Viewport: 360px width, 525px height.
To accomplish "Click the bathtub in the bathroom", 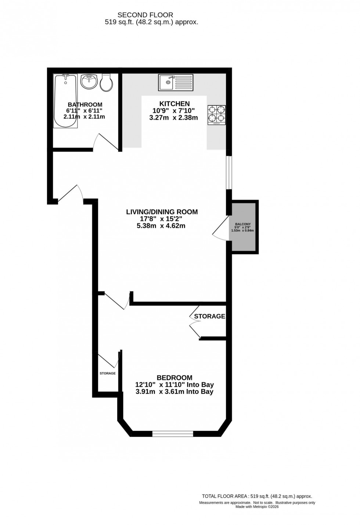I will click(65, 101).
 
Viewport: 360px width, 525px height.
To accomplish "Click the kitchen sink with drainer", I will click(175, 82).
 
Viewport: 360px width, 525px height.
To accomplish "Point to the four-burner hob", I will click(216, 114).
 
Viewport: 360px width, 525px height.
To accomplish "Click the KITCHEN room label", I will click(174, 104).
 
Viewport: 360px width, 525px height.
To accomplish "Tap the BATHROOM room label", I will click(85, 105).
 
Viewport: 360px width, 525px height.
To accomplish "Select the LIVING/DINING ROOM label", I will click(162, 212).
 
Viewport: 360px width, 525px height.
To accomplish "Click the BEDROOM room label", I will click(174, 378).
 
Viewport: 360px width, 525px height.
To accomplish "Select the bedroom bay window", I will click(173, 434).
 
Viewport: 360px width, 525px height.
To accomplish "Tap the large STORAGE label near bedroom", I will click(209, 316).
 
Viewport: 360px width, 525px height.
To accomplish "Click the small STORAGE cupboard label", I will click(108, 373).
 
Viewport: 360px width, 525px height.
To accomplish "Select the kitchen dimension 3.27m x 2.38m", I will click(173, 118).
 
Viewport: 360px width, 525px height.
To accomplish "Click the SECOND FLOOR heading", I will click(145, 15).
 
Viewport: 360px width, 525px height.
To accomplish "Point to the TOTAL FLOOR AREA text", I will click(257, 496).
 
